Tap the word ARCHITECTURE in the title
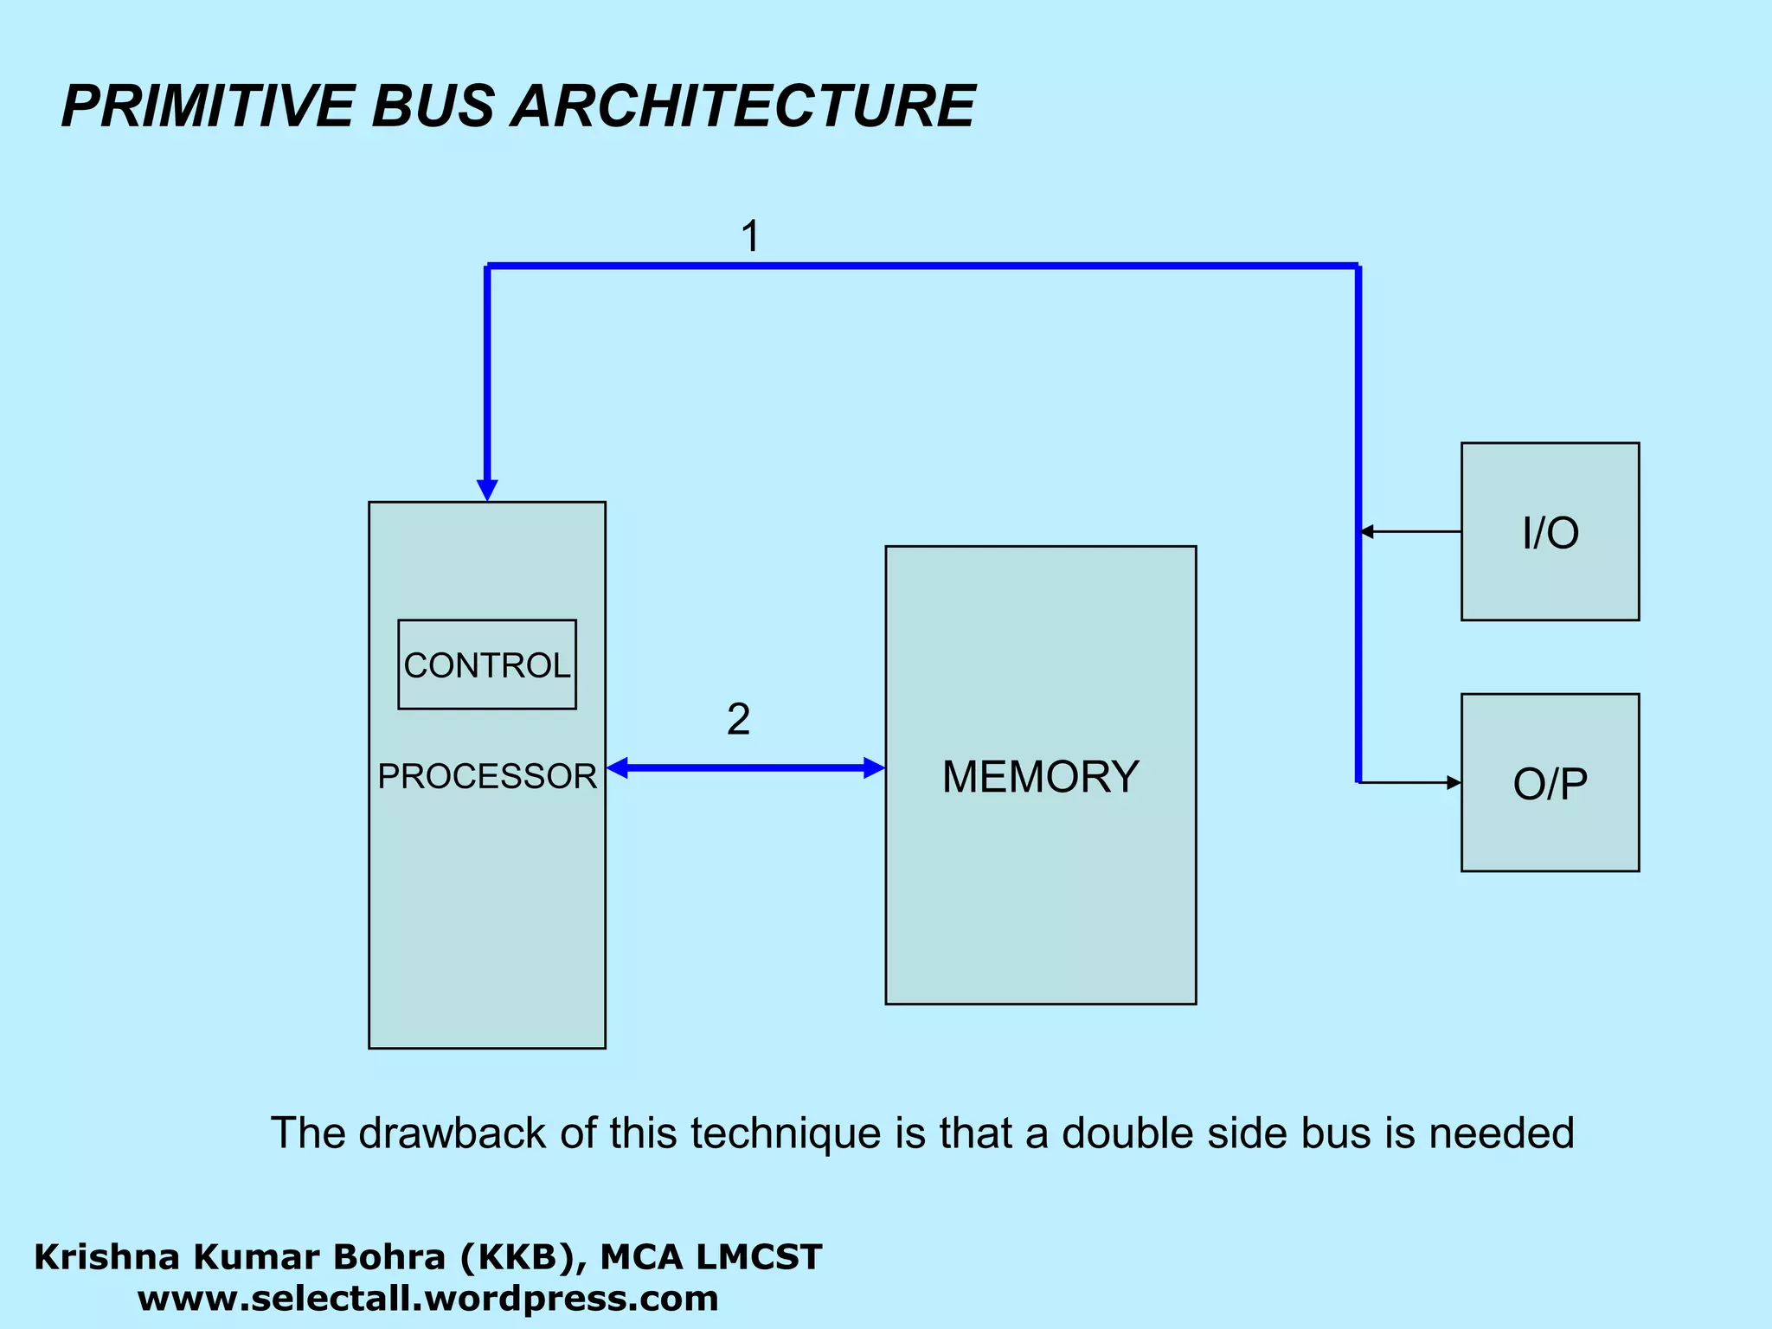(743, 106)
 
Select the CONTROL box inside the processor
(487, 664)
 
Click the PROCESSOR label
(487, 776)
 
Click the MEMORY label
(1040, 776)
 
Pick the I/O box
(1550, 531)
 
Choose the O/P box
(1550, 782)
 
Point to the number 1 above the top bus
(750, 236)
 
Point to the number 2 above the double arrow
(738, 719)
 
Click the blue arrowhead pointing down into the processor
(487, 490)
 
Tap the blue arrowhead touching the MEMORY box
(874, 767)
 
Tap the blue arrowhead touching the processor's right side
(618, 767)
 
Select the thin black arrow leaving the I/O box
(1410, 531)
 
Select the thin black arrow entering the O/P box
(1410, 782)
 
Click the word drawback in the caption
(452, 1133)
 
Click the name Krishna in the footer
(93, 1257)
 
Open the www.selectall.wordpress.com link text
(427, 1299)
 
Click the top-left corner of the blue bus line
(488, 266)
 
